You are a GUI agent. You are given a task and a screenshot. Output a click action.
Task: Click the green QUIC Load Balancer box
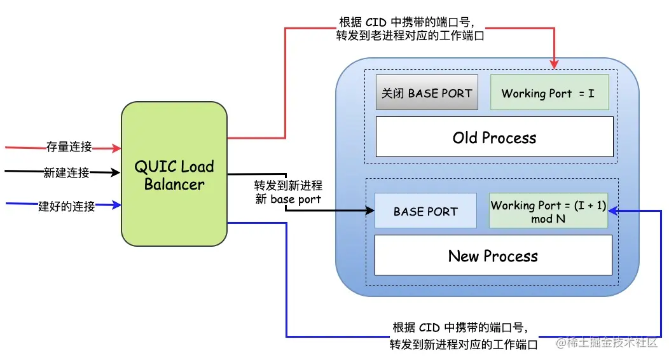click(174, 174)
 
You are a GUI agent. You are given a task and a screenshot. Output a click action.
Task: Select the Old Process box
click(495, 137)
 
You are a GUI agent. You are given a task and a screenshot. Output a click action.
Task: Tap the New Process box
click(493, 255)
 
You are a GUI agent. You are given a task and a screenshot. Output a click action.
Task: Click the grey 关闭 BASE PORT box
click(427, 93)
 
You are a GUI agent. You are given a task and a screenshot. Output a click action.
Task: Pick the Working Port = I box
click(549, 93)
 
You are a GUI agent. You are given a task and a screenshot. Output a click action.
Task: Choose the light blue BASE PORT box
click(425, 211)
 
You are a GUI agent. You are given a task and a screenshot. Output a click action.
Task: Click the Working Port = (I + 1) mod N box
click(548, 211)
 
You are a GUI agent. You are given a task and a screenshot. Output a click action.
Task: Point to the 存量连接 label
click(69, 147)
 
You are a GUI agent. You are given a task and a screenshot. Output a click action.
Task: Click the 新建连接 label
click(66, 173)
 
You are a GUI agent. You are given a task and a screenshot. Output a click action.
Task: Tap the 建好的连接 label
click(67, 207)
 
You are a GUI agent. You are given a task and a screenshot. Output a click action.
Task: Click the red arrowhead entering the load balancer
click(116, 148)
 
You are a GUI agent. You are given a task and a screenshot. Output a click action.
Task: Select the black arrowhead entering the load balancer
click(115, 173)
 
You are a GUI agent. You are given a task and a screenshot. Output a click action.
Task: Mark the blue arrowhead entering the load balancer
click(116, 205)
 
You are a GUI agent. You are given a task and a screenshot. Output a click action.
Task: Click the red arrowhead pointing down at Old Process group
click(555, 64)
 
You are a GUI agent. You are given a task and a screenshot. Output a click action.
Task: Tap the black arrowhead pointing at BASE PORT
click(369, 211)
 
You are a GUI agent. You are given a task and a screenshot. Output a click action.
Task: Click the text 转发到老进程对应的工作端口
click(410, 36)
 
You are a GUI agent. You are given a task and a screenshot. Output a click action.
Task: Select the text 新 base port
click(288, 199)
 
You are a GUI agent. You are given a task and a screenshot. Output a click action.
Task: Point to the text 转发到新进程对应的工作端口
click(464, 344)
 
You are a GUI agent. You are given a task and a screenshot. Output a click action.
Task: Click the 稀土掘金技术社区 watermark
click(606, 342)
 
